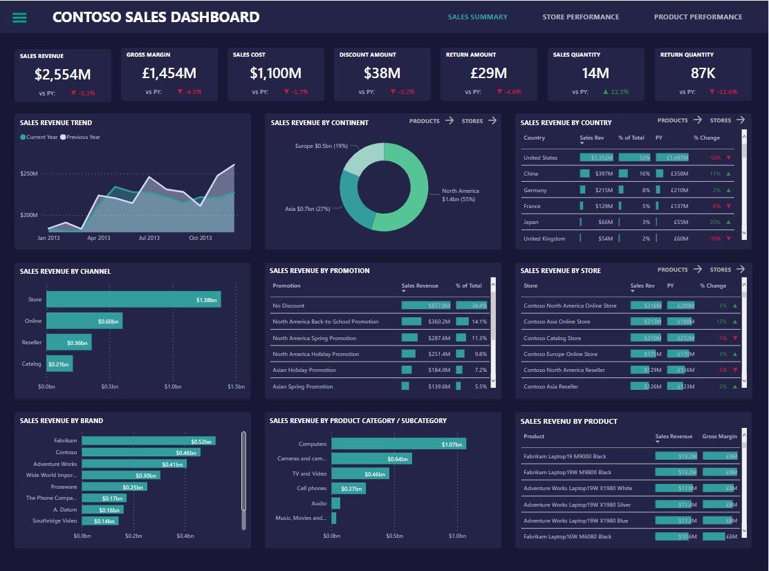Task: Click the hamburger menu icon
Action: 19,17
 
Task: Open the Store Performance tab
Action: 580,17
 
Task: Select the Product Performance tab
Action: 698,17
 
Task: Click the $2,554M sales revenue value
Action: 63,74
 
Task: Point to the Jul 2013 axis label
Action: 149,238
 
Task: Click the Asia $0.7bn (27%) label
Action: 308,209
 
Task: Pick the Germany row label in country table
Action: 535,190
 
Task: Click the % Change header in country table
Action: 707,138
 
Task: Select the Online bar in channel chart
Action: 84,321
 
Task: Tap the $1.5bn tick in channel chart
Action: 236,386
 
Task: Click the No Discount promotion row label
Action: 288,306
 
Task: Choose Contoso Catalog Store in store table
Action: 552,338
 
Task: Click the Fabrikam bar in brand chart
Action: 148,441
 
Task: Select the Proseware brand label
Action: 64,487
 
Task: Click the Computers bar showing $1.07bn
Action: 398,444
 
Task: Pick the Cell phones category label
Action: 312,489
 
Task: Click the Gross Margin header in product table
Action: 719,437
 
